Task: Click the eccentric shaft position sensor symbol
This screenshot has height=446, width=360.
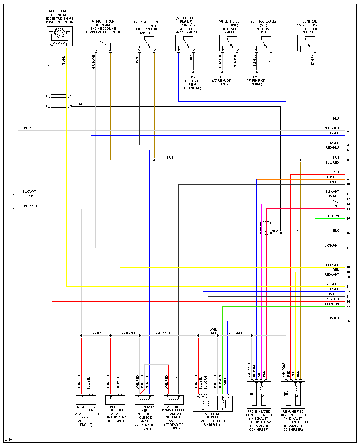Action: (x=59, y=36)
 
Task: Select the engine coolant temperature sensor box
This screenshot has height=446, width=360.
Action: (x=103, y=43)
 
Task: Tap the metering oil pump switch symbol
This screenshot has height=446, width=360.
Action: (x=147, y=43)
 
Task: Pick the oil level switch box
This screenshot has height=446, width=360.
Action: (x=229, y=43)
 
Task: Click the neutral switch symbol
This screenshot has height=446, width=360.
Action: (x=264, y=43)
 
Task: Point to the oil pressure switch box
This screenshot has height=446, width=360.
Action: (x=307, y=43)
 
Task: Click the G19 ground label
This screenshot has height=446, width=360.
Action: (x=192, y=77)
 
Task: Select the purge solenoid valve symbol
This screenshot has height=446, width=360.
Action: (x=115, y=399)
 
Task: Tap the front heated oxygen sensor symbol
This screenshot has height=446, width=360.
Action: (x=259, y=394)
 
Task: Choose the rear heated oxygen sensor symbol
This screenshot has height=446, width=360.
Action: (x=293, y=394)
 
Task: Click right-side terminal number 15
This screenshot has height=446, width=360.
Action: (x=348, y=219)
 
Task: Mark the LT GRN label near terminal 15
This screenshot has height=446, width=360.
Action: (x=333, y=216)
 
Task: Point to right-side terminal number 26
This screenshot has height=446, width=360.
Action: (x=348, y=321)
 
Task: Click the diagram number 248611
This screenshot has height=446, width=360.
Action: (x=10, y=440)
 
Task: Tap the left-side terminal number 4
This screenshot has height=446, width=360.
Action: (x=14, y=209)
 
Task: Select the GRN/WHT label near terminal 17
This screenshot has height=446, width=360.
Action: (x=331, y=246)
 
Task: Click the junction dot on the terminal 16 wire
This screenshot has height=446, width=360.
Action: (x=281, y=233)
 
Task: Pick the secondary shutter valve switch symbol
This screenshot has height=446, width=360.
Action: (x=186, y=43)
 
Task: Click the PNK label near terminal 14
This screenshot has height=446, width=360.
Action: (x=336, y=206)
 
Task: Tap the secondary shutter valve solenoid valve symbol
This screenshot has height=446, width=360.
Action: (x=86, y=399)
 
